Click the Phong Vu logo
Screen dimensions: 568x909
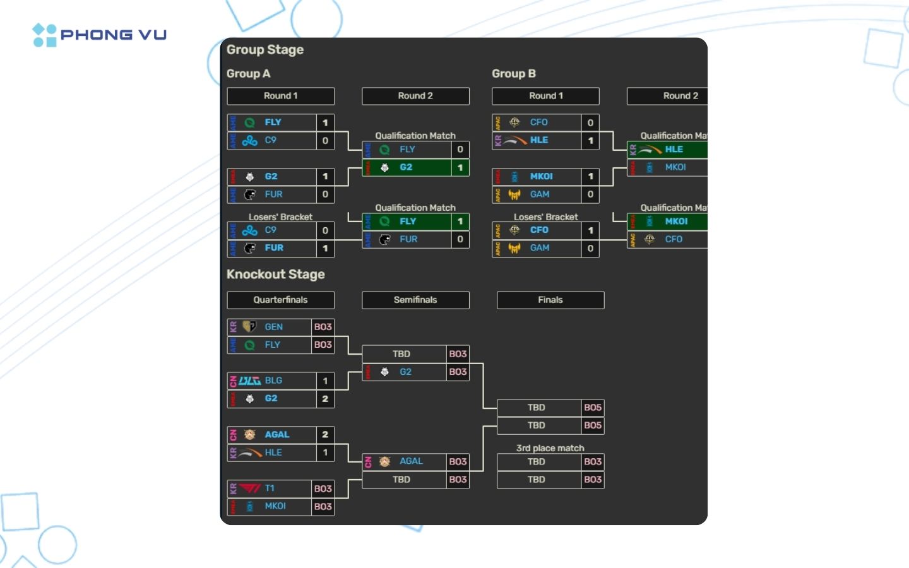tap(99, 35)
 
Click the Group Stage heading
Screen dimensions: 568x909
tap(264, 50)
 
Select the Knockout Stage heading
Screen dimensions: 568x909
tap(275, 275)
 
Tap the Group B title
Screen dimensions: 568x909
tap(513, 74)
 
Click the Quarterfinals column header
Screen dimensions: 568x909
tap(280, 300)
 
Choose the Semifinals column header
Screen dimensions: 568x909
tap(415, 300)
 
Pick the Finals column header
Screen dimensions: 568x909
tap(550, 300)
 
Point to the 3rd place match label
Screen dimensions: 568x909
tap(550, 448)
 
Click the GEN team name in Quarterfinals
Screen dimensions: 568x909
tap(273, 327)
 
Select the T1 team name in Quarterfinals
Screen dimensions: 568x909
tap(270, 488)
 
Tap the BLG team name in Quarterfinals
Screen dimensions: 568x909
tap(273, 381)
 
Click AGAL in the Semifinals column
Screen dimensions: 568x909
tap(411, 461)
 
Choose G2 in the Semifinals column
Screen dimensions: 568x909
tap(405, 372)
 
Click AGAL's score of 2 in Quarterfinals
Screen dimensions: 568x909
tap(325, 435)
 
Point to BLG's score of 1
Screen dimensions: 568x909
tap(325, 381)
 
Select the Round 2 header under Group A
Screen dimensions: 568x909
tap(415, 96)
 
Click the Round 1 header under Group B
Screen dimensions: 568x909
tap(545, 96)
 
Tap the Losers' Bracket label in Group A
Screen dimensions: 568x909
tap(280, 217)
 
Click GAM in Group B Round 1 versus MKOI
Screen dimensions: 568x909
tap(539, 194)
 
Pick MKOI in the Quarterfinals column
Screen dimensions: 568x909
tap(275, 506)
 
